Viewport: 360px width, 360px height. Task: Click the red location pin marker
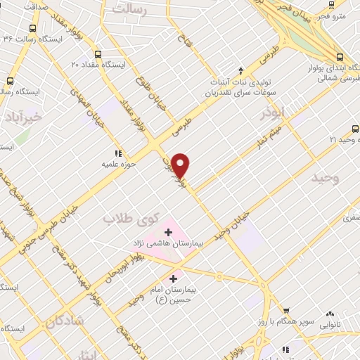click(181, 165)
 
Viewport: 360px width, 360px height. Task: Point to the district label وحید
click(326, 179)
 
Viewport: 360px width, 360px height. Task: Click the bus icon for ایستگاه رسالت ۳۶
click(32, 30)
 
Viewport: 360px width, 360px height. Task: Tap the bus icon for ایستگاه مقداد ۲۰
click(97, 53)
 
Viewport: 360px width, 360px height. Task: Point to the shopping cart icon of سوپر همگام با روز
click(286, 311)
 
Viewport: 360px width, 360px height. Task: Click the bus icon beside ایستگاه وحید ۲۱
click(354, 129)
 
